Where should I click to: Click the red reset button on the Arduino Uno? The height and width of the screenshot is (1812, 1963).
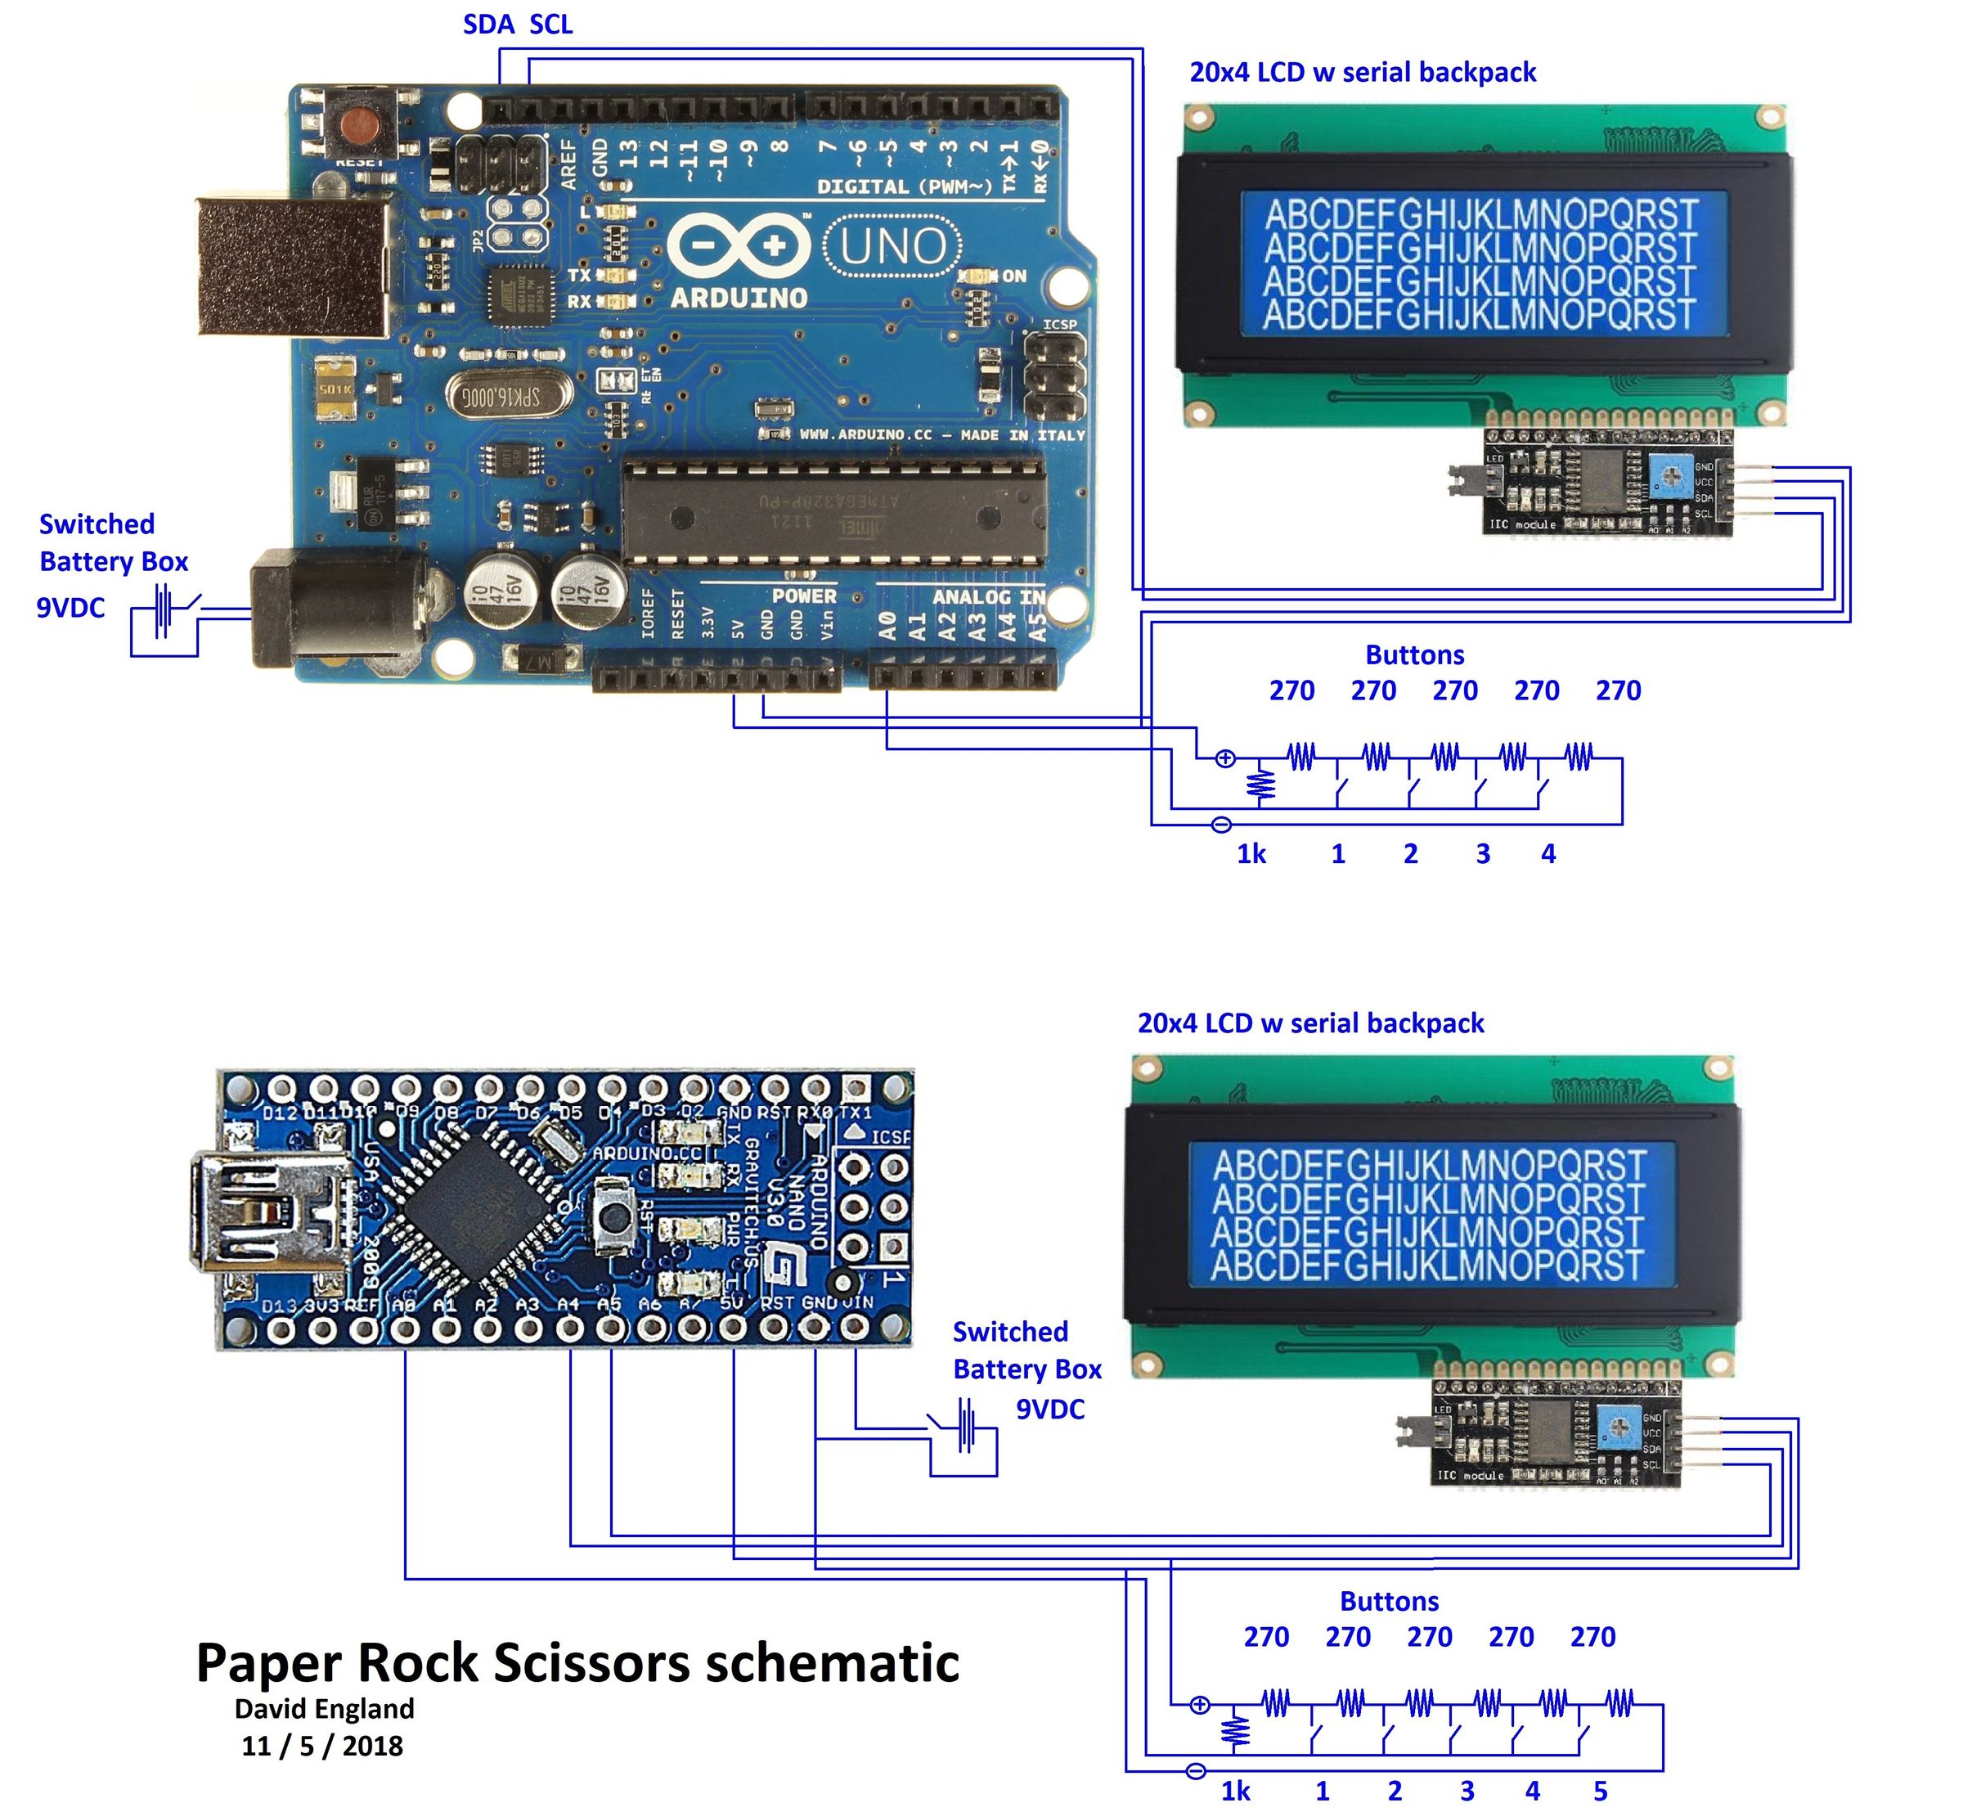(x=359, y=124)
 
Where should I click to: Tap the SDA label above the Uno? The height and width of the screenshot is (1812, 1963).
(x=488, y=25)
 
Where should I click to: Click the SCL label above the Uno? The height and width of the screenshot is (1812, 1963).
(x=551, y=25)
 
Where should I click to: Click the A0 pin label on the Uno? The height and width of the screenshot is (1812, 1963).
(x=887, y=626)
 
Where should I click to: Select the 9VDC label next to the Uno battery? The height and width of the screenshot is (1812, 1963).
(x=70, y=608)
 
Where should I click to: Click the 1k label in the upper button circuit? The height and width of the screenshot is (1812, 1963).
(x=1251, y=854)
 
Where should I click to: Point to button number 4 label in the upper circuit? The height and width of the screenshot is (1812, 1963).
(x=1548, y=854)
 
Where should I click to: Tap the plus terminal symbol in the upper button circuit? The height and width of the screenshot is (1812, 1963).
(x=1224, y=758)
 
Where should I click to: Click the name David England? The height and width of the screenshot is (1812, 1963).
(x=325, y=1709)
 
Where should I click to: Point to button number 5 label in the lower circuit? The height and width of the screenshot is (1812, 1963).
(x=1600, y=1792)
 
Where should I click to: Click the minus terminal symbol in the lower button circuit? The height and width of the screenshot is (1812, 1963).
(x=1195, y=1771)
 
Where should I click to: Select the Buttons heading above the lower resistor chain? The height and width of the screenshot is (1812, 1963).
(x=1390, y=1601)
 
